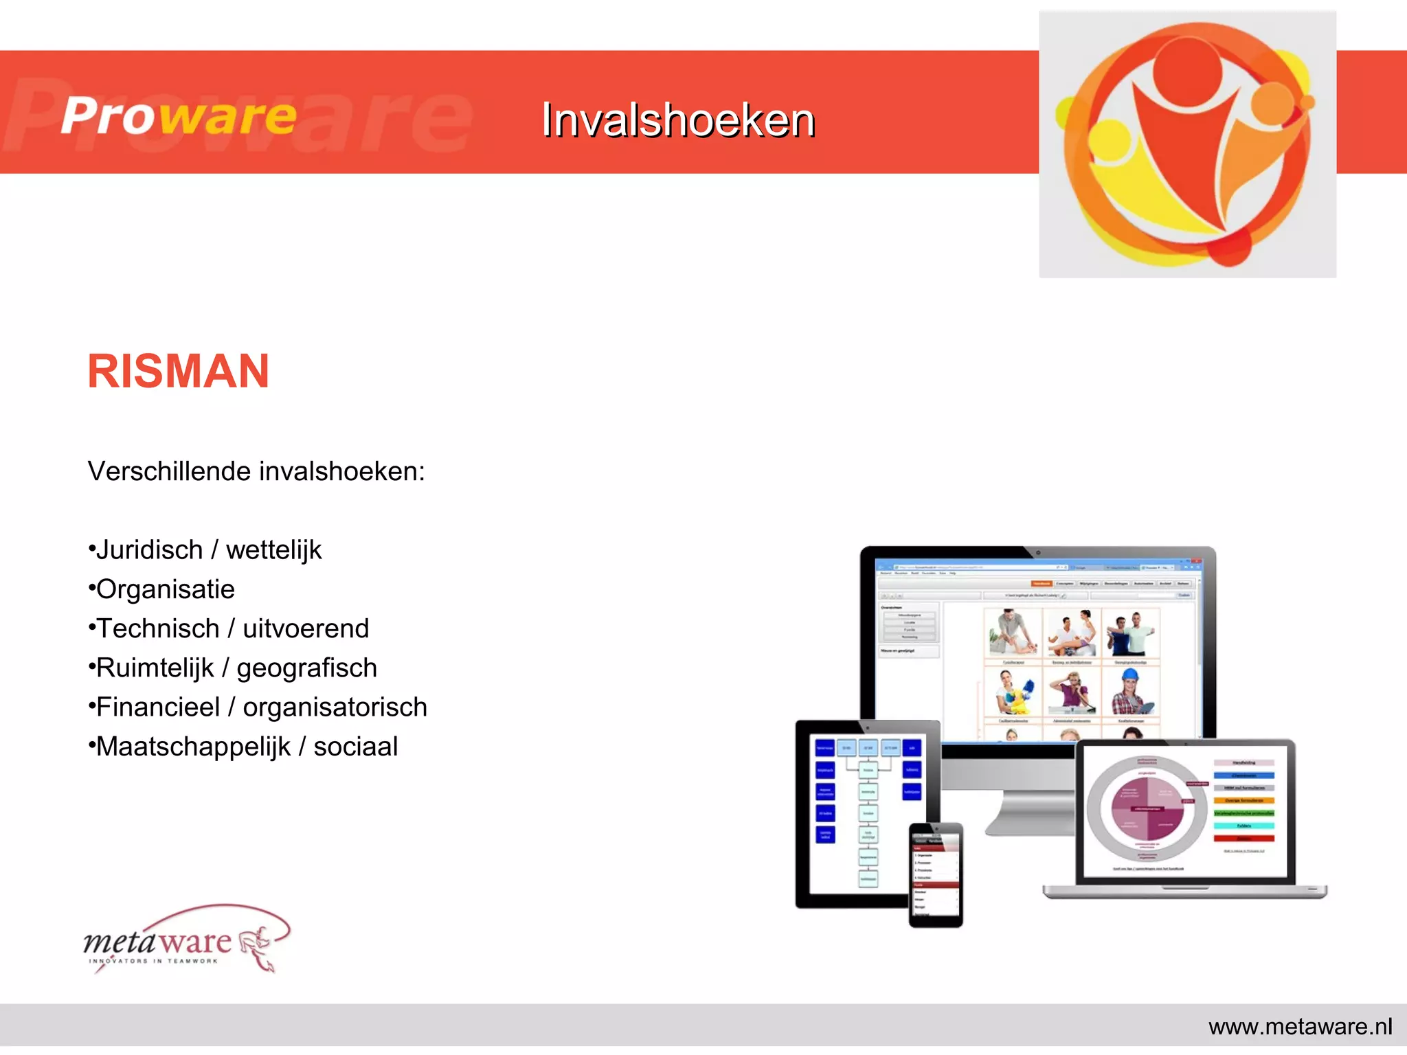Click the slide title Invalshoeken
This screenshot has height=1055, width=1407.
[x=677, y=120]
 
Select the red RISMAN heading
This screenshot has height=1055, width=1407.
[x=178, y=372]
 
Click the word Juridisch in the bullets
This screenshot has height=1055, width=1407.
[x=149, y=550]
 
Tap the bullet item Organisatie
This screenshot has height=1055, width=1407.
[x=165, y=589]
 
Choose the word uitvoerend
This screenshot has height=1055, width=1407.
[x=306, y=628]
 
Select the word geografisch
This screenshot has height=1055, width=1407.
[x=306, y=668]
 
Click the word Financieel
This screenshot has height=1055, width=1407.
[x=157, y=707]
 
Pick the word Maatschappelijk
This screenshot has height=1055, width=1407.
[x=193, y=747]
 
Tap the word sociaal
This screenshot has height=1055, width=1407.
[x=355, y=747]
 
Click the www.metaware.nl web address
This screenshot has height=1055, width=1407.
[x=1300, y=1027]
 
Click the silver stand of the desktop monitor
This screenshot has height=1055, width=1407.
[x=1031, y=810]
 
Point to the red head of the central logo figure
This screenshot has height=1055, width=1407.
[x=1187, y=69]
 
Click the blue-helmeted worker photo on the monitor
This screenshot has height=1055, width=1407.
[x=1130, y=692]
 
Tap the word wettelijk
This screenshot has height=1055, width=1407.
[x=273, y=550]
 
